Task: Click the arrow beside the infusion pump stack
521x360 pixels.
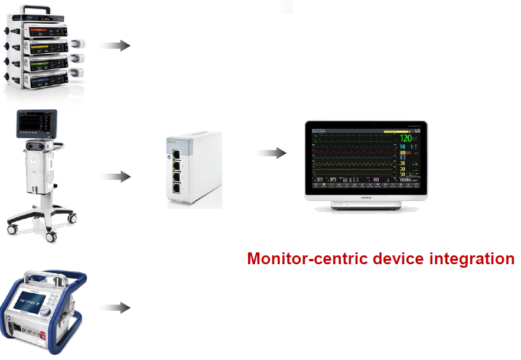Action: pyautogui.click(x=117, y=46)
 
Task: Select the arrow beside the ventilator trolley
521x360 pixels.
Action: pyautogui.click(x=117, y=176)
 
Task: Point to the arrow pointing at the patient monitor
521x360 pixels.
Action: pyautogui.click(x=273, y=153)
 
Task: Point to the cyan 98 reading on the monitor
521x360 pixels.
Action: pyautogui.click(x=403, y=147)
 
